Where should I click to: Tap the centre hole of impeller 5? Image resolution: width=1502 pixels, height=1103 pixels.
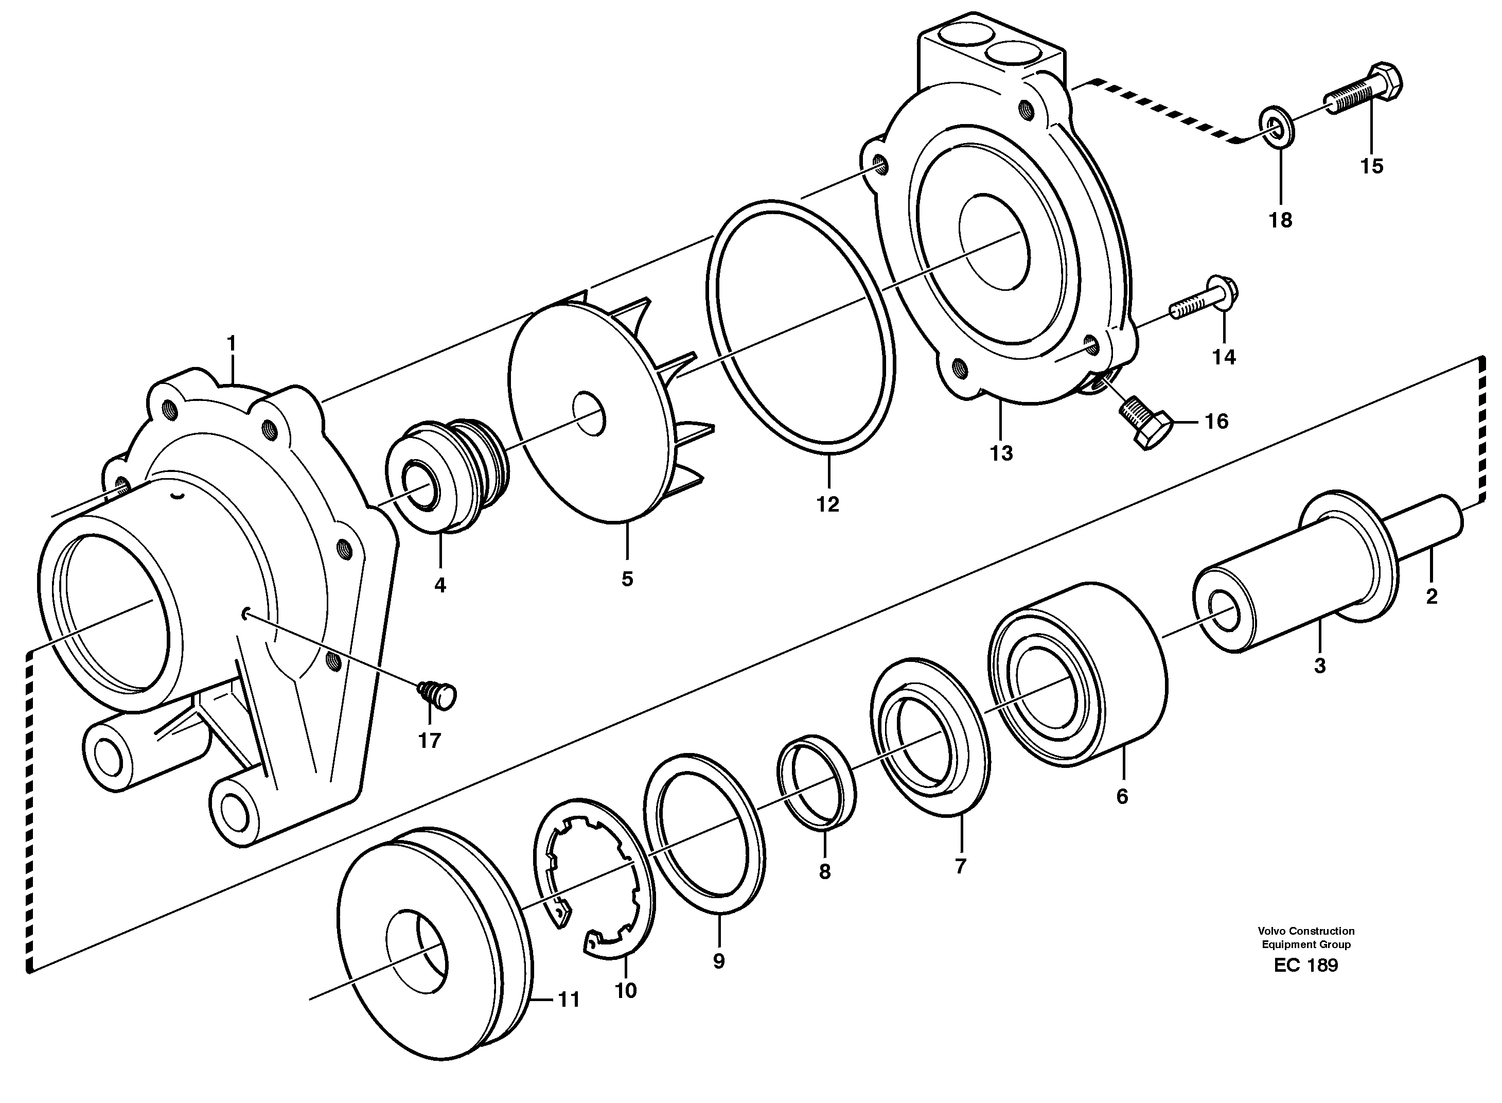coord(589,415)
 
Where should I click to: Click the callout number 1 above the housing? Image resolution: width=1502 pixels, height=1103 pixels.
coord(231,344)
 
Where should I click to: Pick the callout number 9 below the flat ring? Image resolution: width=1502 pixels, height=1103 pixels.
coord(718,961)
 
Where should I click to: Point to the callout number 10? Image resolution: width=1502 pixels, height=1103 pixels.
coord(626,991)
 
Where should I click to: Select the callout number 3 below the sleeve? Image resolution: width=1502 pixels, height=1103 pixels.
coord(1319,666)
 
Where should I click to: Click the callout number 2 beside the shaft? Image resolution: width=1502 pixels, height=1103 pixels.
coord(1431,596)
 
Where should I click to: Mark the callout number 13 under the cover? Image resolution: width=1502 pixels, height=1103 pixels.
coord(1001,453)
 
